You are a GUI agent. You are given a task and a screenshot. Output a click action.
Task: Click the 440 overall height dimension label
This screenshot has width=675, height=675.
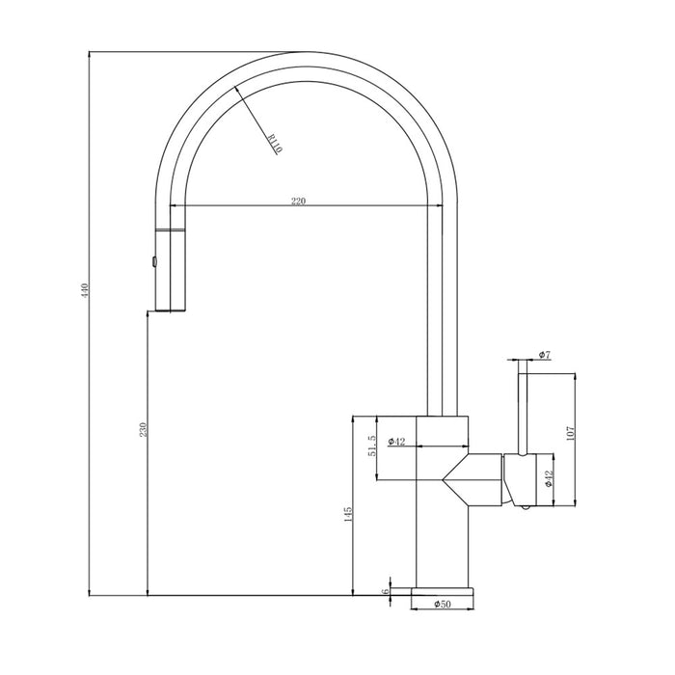pyautogui.click(x=85, y=290)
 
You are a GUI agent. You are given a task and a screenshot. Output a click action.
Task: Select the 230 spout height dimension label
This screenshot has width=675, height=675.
pyautogui.click(x=144, y=429)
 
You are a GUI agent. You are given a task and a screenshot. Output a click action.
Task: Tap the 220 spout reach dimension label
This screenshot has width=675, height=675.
pyautogui.click(x=298, y=201)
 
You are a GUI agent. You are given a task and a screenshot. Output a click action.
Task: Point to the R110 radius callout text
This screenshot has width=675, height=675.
pyautogui.click(x=275, y=144)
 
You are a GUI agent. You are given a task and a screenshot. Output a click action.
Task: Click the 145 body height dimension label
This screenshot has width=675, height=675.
pyautogui.click(x=348, y=514)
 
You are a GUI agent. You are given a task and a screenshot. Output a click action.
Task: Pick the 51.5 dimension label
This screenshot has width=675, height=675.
pyautogui.click(x=372, y=445)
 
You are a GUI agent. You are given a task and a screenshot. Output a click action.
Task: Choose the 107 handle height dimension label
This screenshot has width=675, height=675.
pyautogui.click(x=571, y=433)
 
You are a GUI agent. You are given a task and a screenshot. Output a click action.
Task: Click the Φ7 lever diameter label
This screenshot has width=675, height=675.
pyautogui.click(x=545, y=355)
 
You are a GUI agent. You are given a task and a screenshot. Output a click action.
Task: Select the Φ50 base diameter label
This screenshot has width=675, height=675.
pyautogui.click(x=443, y=604)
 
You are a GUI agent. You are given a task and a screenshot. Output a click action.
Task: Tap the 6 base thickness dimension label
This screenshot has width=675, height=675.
pyautogui.click(x=386, y=591)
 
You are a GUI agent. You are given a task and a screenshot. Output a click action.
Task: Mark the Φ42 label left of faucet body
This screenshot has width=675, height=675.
pyautogui.click(x=396, y=442)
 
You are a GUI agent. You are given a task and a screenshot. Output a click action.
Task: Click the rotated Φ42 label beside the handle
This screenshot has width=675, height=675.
pyautogui.click(x=549, y=478)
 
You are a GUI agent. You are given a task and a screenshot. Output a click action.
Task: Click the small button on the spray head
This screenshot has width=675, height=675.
pyautogui.click(x=153, y=261)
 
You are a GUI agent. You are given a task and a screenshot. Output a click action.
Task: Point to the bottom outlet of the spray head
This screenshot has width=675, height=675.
pyautogui.click(x=171, y=310)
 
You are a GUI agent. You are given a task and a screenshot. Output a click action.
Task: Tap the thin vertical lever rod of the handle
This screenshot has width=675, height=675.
pyautogui.click(x=523, y=407)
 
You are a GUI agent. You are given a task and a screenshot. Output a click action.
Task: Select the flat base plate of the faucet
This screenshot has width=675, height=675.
pyautogui.click(x=443, y=591)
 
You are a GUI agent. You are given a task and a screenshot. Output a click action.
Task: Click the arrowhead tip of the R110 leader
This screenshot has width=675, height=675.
pyautogui.click(x=235, y=87)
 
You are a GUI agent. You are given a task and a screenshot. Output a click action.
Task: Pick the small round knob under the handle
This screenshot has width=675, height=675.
pyautogui.click(x=525, y=507)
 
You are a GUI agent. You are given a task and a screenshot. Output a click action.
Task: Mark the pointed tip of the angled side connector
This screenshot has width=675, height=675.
pyautogui.click(x=442, y=479)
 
